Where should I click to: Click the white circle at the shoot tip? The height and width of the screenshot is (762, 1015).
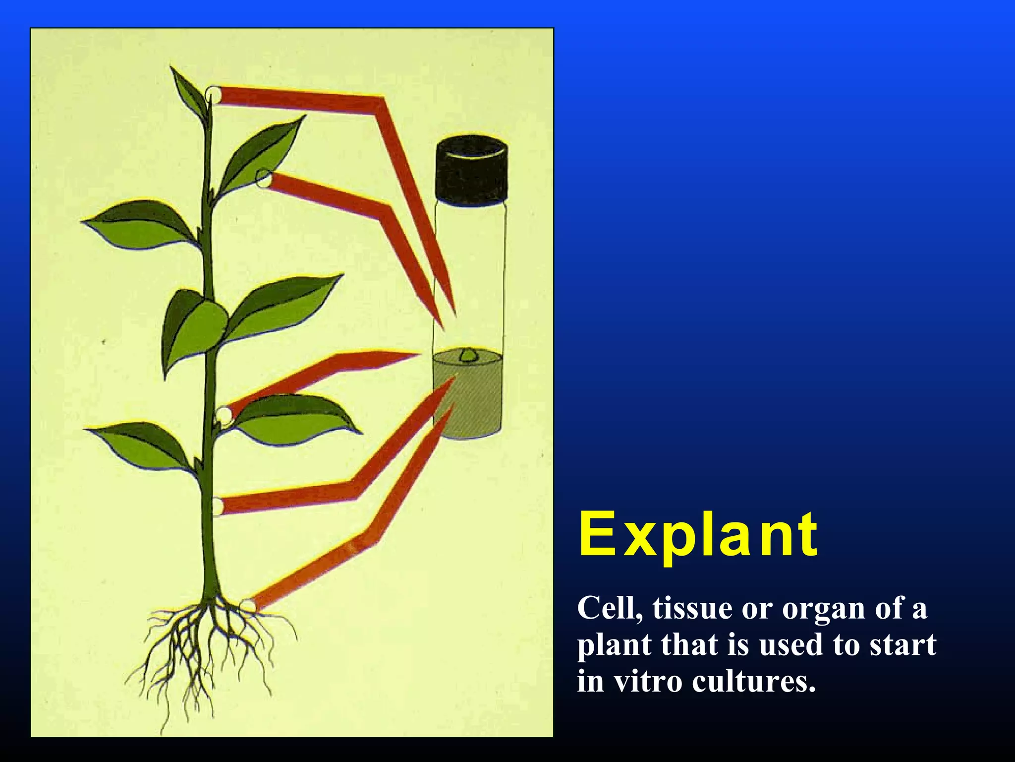(214, 94)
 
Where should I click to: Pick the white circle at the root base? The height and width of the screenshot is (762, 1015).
(248, 606)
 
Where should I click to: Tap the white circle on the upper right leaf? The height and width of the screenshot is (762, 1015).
(264, 178)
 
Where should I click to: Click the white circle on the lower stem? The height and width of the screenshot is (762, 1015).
(218, 507)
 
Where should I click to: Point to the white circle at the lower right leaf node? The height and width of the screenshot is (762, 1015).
(224, 415)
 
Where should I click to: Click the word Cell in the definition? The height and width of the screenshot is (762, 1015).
(608, 608)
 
